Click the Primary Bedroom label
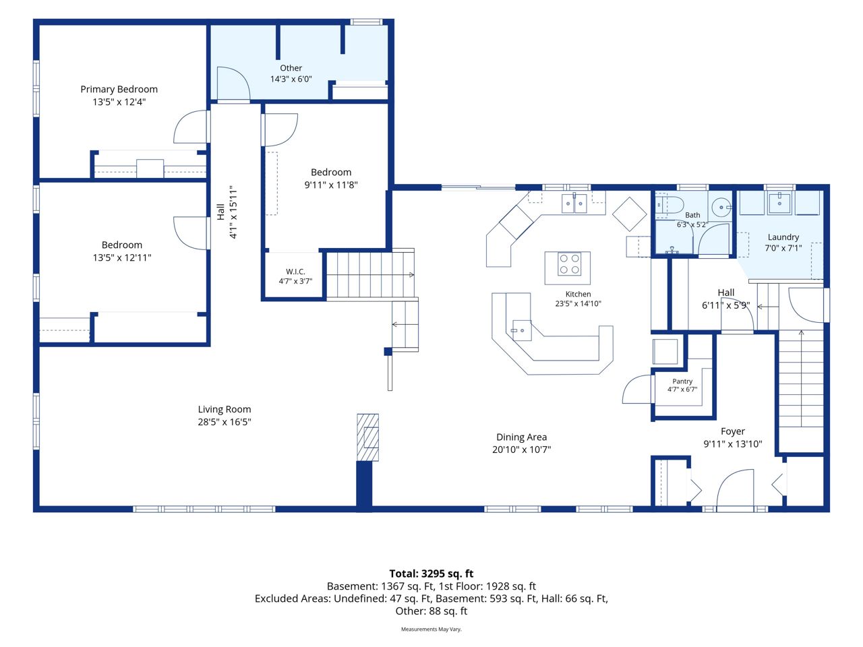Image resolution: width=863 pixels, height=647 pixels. [119, 89]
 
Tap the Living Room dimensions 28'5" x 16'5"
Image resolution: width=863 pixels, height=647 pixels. [225, 421]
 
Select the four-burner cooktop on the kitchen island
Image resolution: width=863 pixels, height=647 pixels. [569, 264]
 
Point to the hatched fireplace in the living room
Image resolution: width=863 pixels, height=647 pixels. [367, 437]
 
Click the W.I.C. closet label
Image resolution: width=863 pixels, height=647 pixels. [295, 272]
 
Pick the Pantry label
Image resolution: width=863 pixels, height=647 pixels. [682, 381]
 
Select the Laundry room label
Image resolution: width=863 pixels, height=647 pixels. [783, 237]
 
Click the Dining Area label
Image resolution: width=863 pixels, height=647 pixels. [521, 437]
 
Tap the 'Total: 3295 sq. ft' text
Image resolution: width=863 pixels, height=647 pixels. [431, 574]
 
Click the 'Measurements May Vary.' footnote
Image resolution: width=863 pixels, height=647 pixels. [431, 629]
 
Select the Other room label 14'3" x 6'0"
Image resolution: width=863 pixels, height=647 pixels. [291, 73]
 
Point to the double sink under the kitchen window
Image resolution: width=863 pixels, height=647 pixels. [574, 203]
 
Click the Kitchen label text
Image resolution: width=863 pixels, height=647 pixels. [578, 294]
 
